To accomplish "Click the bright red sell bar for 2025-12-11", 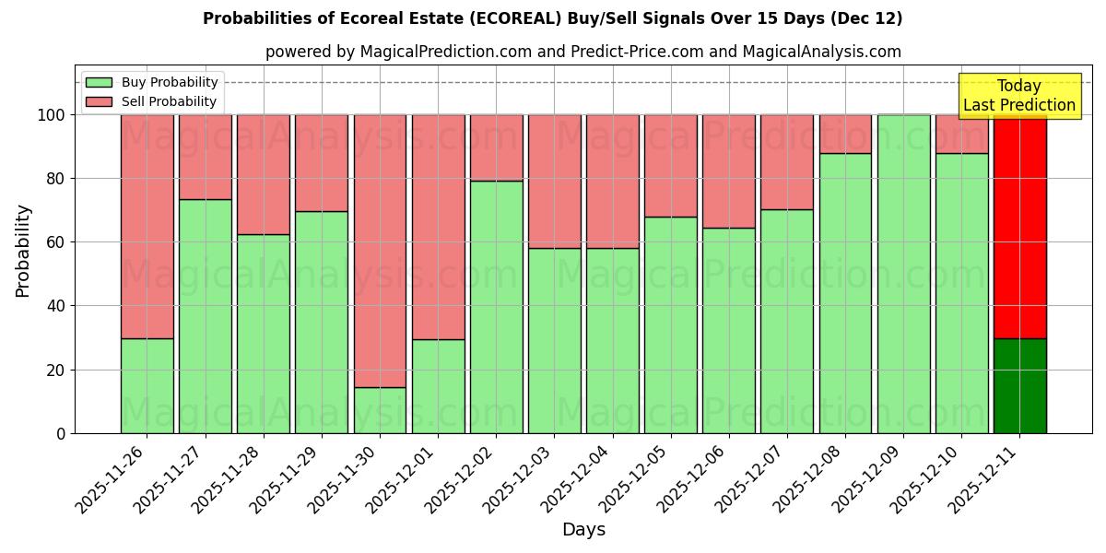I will pos(1019,227).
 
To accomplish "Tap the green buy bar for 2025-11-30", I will pos(380,410).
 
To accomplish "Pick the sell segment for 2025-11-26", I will pos(147,227).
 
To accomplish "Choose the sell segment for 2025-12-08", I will pos(845,134).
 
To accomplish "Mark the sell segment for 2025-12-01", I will pos(438,227).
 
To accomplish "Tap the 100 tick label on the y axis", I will pos(52,115).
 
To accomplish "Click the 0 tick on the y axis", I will pos(61,433).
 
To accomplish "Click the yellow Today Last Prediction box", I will pos(1018,96).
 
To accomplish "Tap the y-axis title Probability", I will pos(23,251).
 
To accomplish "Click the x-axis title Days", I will pos(583,530).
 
